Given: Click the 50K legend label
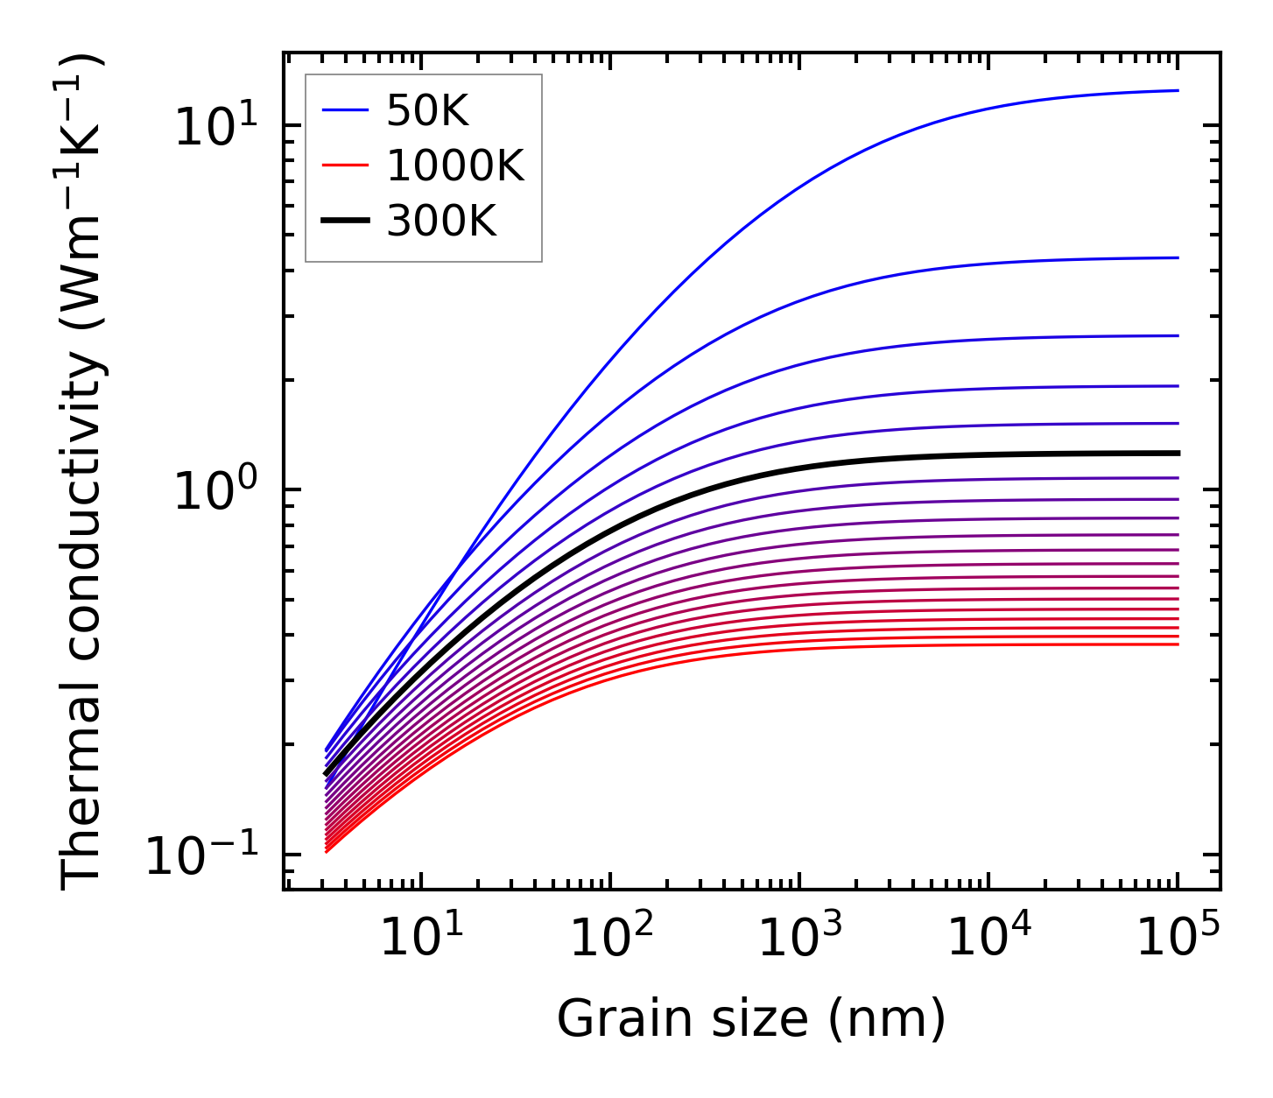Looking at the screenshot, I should tap(427, 111).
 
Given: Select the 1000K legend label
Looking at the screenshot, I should tap(455, 166).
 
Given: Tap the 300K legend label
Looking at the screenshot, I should tap(441, 222).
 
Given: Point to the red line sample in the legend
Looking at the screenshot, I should tap(346, 166).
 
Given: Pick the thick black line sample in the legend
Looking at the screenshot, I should tap(346, 222).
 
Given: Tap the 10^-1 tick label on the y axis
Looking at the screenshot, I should tap(201, 855).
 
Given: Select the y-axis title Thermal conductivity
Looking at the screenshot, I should tap(82, 471).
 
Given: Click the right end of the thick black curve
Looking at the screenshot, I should tap(1178, 453).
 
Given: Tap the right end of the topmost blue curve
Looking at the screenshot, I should tap(1178, 90).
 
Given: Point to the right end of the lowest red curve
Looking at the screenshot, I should tap(1178, 644).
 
